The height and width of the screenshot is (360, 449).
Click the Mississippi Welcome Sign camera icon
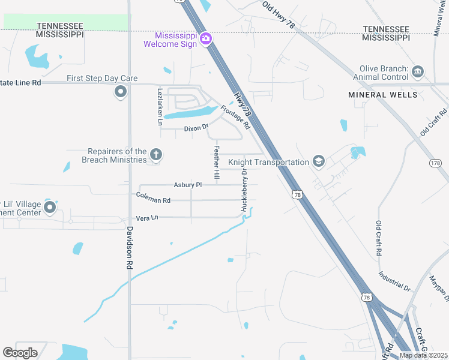click(206, 38)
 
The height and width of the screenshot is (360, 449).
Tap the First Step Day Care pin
click(121, 92)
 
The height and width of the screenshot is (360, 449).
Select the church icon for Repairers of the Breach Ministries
click(156, 155)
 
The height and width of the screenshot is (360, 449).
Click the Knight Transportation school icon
click(319, 161)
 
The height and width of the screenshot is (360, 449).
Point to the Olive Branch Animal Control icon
click(418, 73)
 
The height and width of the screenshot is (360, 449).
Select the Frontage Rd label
click(235, 117)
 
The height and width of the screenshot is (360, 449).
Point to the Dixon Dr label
click(196, 128)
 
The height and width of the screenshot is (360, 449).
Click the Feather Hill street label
click(217, 161)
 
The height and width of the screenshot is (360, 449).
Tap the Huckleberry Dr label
click(244, 189)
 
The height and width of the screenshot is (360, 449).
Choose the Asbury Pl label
click(188, 185)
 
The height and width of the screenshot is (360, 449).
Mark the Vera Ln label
click(146, 218)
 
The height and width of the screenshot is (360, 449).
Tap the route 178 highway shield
click(436, 163)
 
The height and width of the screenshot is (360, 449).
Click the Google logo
click(20, 352)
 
